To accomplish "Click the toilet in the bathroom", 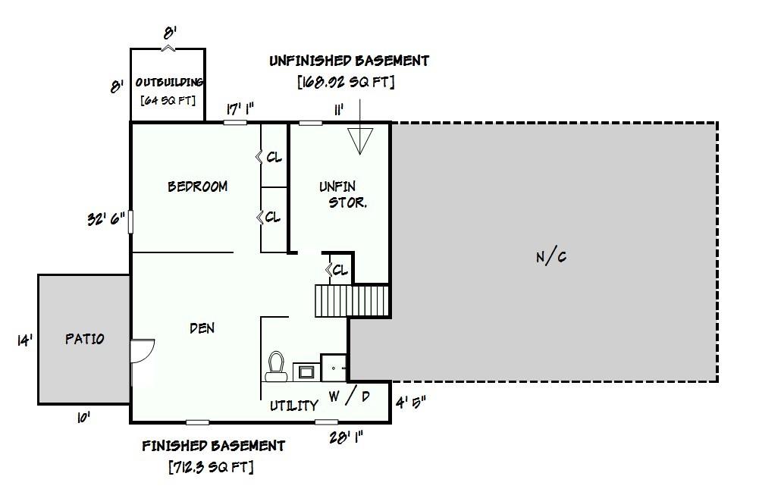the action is click(276, 366).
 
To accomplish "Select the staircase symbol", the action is click(352, 301).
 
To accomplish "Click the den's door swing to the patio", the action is click(143, 350).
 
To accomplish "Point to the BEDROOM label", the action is click(197, 187).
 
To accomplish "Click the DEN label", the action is click(202, 328).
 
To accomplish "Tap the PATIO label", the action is click(85, 338).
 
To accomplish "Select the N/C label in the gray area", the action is click(551, 256).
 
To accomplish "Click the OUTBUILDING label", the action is click(169, 83).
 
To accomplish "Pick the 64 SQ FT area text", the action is click(168, 100).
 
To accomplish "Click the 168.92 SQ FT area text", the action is click(346, 81).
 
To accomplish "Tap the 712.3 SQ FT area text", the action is click(211, 467).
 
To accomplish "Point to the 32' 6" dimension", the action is click(106, 219).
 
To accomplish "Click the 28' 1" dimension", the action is click(346, 437).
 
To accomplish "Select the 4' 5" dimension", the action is click(411, 402).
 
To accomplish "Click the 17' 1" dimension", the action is click(240, 109).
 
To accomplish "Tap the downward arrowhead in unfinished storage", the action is click(360, 141).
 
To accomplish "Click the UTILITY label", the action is click(294, 406).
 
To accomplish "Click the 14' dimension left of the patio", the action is click(25, 340).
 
